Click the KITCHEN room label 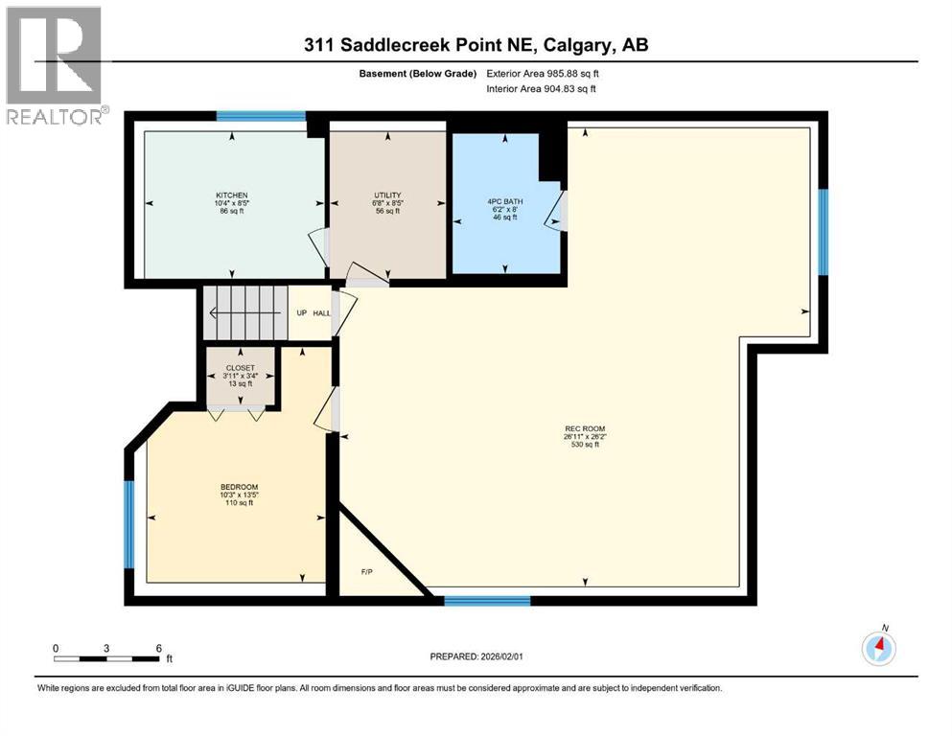233,195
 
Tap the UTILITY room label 387,195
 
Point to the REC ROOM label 585,429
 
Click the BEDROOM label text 239,487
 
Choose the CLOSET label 240,367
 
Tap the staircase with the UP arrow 244,312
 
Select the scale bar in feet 107,658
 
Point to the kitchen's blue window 260,117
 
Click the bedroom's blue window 129,523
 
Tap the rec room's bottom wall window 487,601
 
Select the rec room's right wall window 823,231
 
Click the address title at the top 476,45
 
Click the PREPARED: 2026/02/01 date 479,656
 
